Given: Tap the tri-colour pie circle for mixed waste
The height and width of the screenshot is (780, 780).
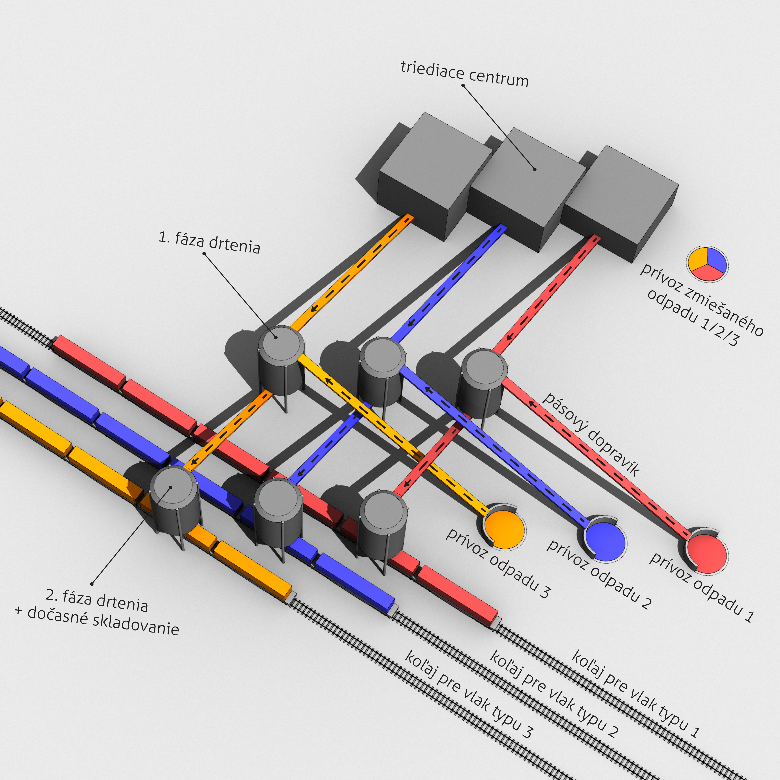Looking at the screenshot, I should tap(707, 264).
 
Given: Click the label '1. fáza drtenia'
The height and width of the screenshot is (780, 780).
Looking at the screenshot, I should tap(209, 242).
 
